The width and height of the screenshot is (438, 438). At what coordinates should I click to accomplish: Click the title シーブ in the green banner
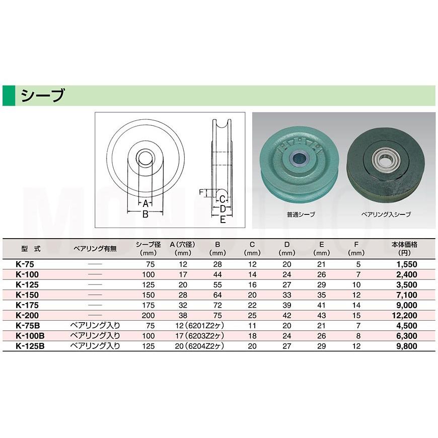click(43, 96)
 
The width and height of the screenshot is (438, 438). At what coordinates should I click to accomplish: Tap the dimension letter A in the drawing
click(145, 203)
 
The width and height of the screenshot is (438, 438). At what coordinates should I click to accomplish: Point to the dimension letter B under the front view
click(145, 214)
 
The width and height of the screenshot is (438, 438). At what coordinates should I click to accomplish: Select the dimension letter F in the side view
click(201, 192)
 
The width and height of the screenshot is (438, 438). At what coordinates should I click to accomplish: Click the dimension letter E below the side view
click(223, 220)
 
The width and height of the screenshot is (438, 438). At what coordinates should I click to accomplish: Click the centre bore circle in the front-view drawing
click(145, 158)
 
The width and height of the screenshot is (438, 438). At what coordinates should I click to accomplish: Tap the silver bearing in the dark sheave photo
click(386, 158)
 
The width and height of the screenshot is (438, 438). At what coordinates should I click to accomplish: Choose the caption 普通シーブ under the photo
click(301, 214)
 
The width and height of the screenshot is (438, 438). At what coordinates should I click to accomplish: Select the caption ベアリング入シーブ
click(386, 214)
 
